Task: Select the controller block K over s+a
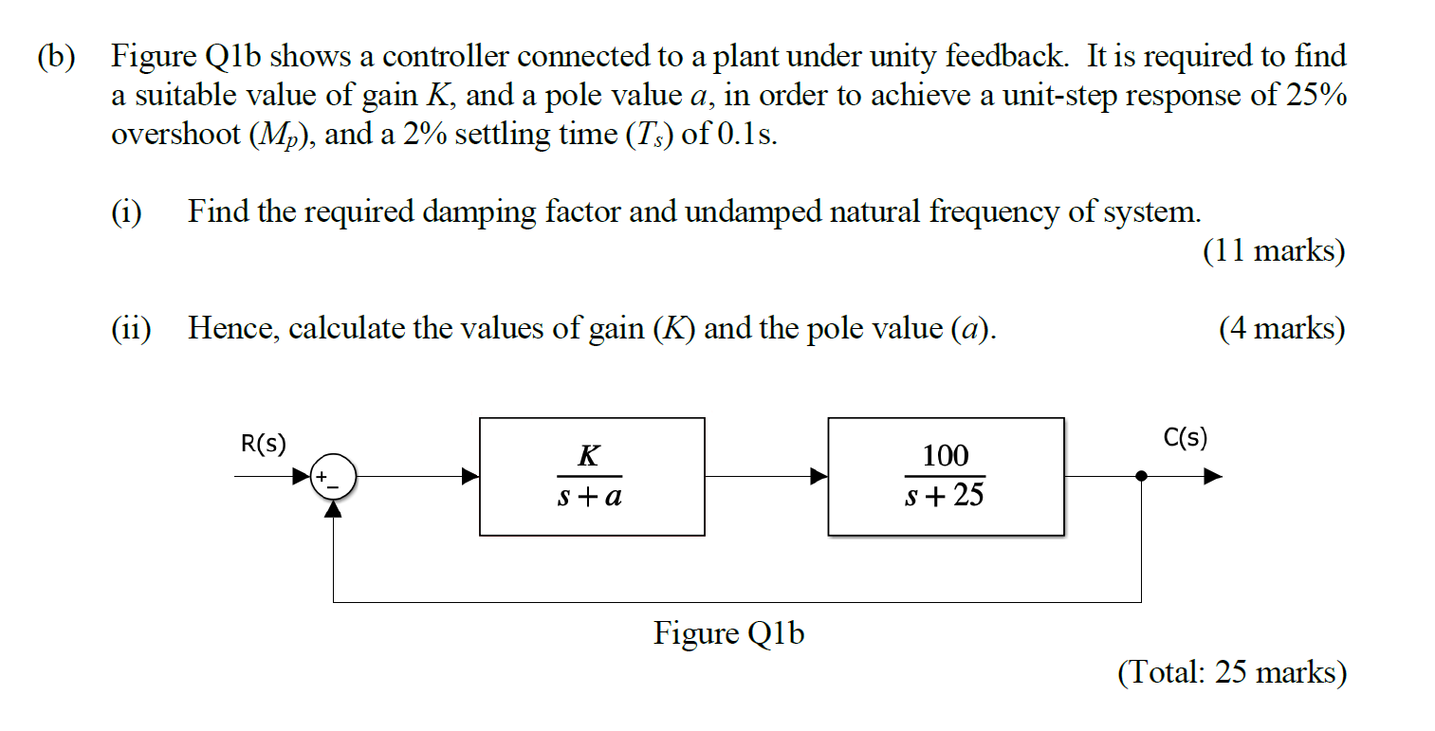point(592,476)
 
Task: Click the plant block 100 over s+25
point(946,476)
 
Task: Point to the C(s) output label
point(1185,438)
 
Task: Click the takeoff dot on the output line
point(1141,477)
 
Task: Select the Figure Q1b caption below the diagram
point(727,633)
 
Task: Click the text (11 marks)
point(1273,251)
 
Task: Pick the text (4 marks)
point(1281,329)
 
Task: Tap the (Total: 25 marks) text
point(1231,672)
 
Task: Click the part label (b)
point(59,58)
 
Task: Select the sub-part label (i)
point(126,211)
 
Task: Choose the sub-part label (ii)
point(131,329)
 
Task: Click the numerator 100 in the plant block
point(945,456)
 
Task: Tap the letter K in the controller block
point(588,456)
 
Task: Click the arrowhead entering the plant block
point(819,477)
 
